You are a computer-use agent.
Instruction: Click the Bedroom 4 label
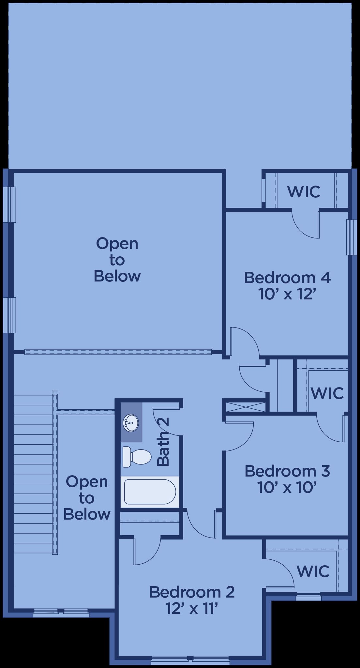[x=287, y=278]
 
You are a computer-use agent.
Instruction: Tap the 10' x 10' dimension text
[x=287, y=488]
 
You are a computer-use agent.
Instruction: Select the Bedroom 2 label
[x=192, y=592]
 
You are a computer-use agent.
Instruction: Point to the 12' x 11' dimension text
[x=192, y=608]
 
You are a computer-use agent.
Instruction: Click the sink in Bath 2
[x=131, y=423]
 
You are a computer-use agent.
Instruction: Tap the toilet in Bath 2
[x=137, y=457]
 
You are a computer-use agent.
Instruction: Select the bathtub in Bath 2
[x=150, y=492]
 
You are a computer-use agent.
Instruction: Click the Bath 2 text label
[x=163, y=442]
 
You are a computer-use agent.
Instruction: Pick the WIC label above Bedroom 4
[x=304, y=191]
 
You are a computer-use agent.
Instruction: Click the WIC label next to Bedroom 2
[x=313, y=571]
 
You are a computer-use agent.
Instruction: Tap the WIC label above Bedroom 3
[x=327, y=393]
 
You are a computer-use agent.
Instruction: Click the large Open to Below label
[x=117, y=260]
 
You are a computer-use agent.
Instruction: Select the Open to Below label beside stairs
[x=87, y=498]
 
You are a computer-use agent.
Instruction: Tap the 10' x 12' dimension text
[x=287, y=294]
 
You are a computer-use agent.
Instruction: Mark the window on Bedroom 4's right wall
[x=352, y=237]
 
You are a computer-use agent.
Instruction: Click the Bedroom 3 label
[x=287, y=471]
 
